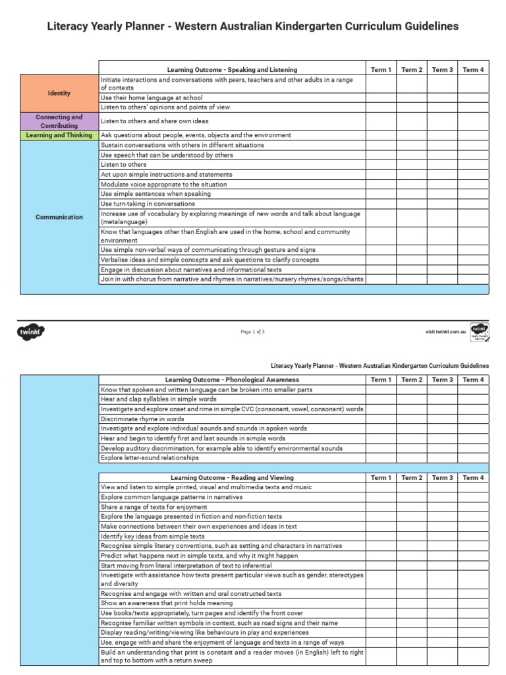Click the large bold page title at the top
[253, 26]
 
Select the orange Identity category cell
[59, 93]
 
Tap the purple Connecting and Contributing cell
[59, 121]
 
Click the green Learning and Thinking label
[59, 135]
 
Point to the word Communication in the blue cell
[59, 217]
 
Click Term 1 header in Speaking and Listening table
[381, 70]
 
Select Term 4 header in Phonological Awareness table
[473, 380]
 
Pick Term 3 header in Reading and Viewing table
[442, 477]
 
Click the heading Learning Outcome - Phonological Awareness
[232, 380]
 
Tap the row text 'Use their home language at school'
[147, 98]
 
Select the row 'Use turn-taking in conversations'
[148, 204]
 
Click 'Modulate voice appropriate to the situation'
[163, 185]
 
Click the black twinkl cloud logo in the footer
[30, 332]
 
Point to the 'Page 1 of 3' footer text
[253, 332]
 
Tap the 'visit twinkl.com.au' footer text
[446, 332]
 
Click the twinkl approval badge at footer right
[480, 332]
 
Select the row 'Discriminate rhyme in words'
[142, 419]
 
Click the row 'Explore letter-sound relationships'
[150, 457]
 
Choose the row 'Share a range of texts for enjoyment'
[154, 507]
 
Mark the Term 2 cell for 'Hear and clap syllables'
[412, 399]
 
